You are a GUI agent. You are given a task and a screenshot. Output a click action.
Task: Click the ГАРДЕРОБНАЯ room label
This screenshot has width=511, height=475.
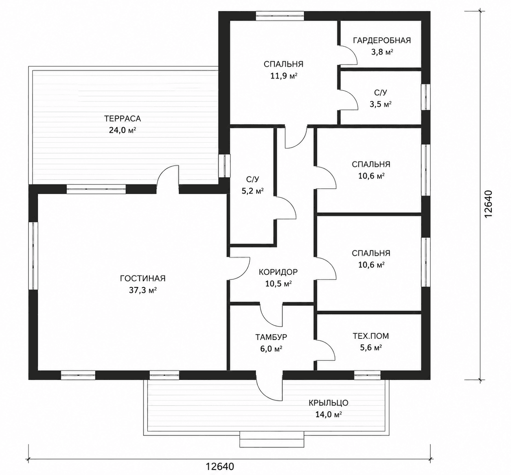coord(382,40)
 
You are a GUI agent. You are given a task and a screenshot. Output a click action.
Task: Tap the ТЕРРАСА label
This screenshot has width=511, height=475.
coord(123,119)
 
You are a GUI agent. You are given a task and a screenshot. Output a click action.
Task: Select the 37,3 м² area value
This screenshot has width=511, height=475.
coord(143,290)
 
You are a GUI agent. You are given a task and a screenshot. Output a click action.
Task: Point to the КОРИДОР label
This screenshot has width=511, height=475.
coord(278,272)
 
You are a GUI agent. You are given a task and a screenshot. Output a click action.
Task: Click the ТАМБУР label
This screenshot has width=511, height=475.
coord(271,337)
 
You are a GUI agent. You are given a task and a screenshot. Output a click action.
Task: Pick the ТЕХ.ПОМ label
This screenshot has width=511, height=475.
coord(371,336)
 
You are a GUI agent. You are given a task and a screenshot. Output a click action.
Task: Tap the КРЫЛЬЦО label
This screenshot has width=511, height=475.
coord(329,403)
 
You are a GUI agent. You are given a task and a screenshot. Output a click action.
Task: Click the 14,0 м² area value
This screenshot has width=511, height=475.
coord(329,414)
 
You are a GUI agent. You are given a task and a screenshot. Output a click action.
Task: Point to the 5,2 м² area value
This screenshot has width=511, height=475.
coord(252,191)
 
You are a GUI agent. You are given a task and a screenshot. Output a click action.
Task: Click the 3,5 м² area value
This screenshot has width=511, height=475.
coord(380,104)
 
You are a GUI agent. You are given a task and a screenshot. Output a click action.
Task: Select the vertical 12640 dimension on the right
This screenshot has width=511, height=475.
coord(488,205)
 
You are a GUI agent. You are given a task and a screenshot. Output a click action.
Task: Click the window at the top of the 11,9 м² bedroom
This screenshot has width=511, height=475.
coord(280,16)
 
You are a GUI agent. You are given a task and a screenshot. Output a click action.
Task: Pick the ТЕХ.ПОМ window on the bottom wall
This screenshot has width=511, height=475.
coord(367,375)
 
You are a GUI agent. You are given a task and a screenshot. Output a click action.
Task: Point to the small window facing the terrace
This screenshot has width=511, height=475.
coord(224,166)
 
